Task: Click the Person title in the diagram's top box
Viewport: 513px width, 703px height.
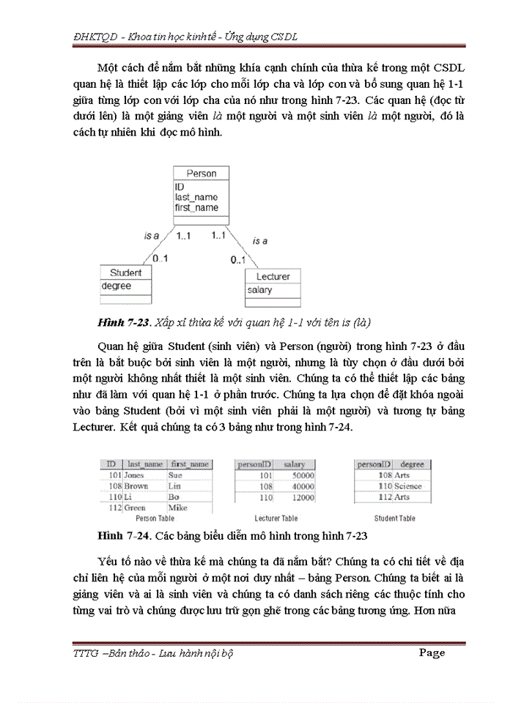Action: [201, 174]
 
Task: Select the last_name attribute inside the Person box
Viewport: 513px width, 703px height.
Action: [196, 197]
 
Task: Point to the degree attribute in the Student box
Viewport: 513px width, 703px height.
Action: [116, 286]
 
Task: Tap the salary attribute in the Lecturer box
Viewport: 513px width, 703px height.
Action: [259, 290]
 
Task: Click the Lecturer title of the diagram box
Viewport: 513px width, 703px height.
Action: [273, 277]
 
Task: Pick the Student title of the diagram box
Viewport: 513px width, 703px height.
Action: [125, 272]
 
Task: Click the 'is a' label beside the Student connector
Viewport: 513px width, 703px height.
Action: [151, 235]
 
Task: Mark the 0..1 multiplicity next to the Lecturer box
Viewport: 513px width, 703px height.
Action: [237, 260]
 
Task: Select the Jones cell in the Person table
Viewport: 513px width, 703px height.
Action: [136, 475]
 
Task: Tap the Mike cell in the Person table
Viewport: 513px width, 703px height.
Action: [177, 507]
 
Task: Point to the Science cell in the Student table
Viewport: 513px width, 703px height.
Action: [408, 486]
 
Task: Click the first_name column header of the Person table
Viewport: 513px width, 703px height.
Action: [189, 464]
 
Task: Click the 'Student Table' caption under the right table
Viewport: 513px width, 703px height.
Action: [395, 518]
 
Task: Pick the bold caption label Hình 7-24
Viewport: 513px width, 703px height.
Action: [122, 535]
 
